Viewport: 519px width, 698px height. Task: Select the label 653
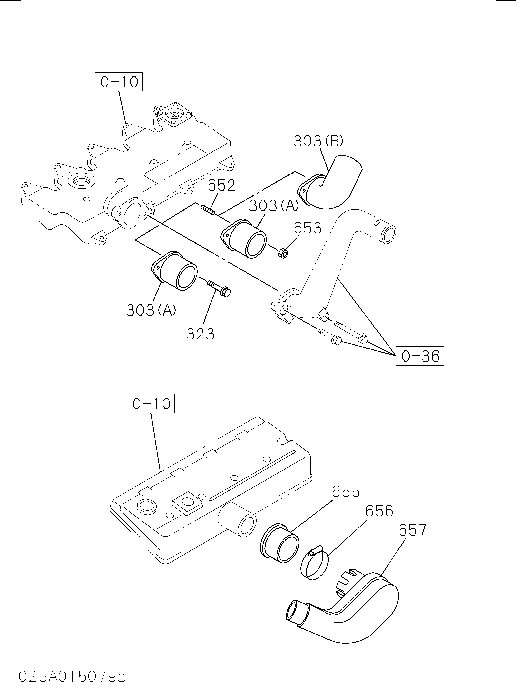(x=308, y=228)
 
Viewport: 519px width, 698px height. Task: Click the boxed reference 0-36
(x=420, y=356)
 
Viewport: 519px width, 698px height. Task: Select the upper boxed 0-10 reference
(x=119, y=82)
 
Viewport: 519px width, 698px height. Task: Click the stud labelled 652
(x=208, y=210)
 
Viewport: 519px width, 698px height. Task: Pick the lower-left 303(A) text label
(x=151, y=310)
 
